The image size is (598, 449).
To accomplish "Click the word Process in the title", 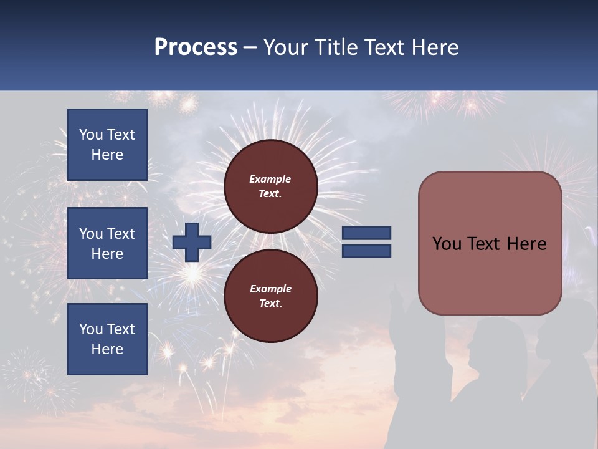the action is point(196,47).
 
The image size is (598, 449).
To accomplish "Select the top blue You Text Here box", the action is point(107,145).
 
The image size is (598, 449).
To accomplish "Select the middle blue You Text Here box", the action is point(107,243).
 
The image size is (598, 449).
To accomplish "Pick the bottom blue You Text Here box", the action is point(107,339).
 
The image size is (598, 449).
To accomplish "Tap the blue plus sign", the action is point(192,242).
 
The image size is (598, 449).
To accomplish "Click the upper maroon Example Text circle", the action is point(270,186).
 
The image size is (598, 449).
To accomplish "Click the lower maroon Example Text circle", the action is point(270,296).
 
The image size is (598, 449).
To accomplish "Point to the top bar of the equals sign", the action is point(366,233).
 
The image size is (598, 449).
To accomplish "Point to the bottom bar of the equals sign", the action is point(366,251).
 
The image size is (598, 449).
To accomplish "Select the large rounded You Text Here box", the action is point(490,243).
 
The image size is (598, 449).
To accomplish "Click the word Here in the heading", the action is point(434,47).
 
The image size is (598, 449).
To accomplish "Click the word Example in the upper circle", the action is point(270,179).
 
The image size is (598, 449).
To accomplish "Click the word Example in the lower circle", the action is point(270,289).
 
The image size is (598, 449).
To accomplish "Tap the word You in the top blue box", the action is point(91,135).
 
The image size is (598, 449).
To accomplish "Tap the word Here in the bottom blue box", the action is point(107,349).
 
